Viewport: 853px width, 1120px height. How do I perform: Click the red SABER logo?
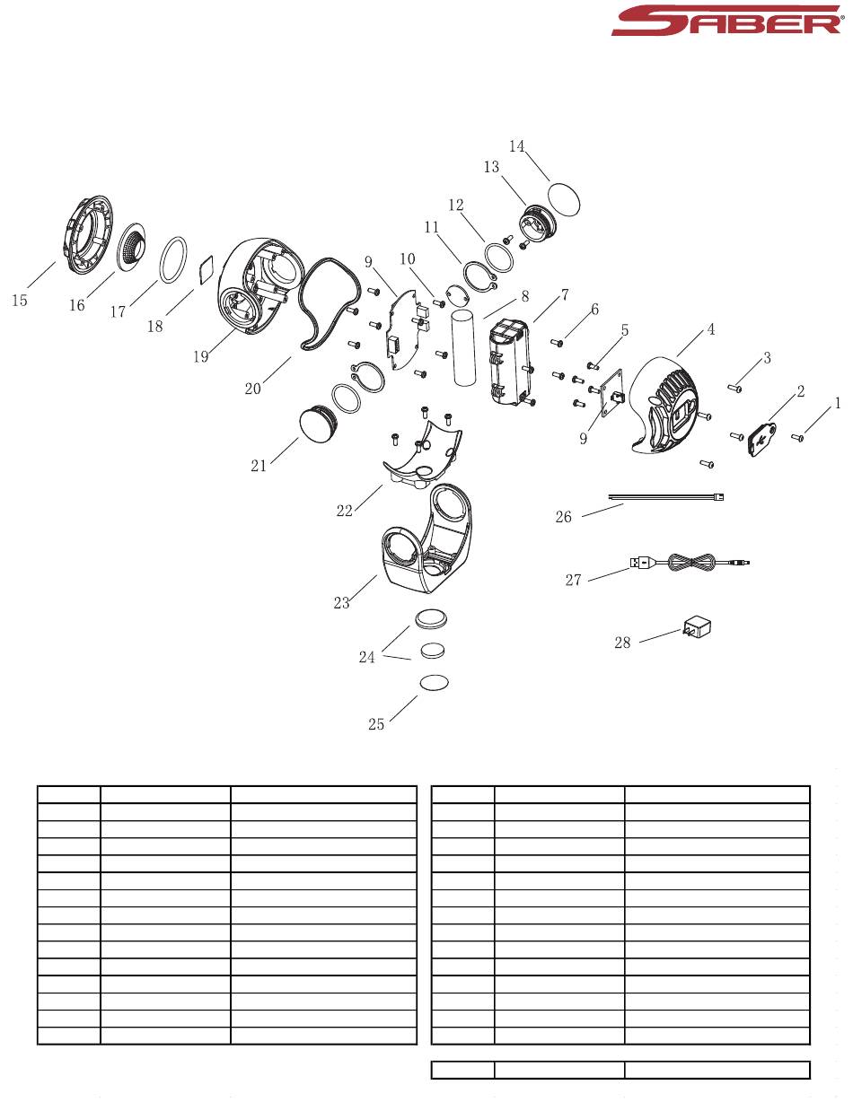727,21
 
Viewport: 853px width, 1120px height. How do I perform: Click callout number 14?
516,146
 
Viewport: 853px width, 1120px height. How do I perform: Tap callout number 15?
20,301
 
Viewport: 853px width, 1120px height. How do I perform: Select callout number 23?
341,603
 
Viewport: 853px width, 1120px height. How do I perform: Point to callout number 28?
622,643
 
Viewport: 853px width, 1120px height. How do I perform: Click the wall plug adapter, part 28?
697,627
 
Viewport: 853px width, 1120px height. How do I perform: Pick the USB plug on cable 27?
639,563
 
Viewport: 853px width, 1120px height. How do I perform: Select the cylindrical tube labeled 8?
463,347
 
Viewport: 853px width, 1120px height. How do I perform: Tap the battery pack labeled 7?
511,362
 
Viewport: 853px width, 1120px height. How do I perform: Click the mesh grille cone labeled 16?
131,249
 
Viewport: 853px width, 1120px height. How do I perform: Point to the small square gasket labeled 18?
207,270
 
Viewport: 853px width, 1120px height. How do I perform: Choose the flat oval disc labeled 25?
435,682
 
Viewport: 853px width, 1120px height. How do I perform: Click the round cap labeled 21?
316,422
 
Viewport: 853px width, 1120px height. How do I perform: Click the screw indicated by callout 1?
797,437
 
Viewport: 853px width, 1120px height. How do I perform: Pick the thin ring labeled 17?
173,259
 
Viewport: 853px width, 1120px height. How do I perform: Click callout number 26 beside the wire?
563,517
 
